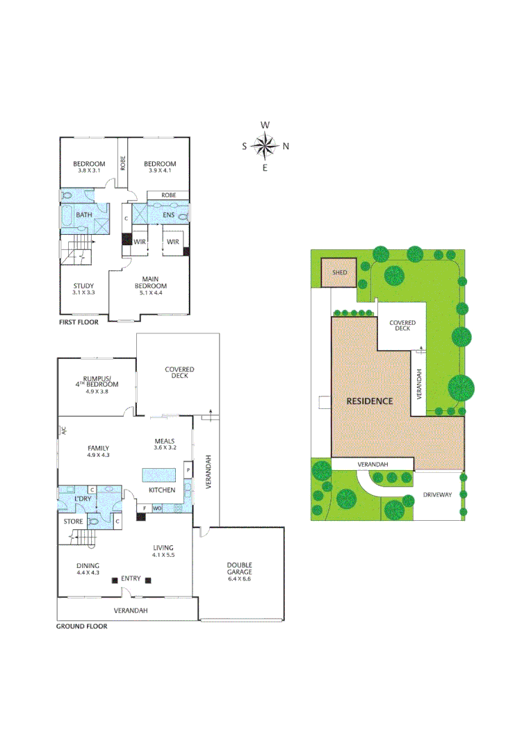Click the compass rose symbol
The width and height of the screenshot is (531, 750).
[x=265, y=146]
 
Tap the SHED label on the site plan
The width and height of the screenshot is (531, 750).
[x=339, y=273]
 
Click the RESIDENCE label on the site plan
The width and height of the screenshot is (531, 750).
[x=370, y=401]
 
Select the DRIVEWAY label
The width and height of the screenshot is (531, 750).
[x=438, y=494]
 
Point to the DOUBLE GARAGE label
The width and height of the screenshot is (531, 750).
[x=238, y=569]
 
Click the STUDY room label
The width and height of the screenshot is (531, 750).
[x=83, y=285]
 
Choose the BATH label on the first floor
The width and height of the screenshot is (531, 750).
[x=84, y=215]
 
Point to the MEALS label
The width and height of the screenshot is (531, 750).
[x=164, y=441]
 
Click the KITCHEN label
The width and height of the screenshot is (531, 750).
[x=162, y=490]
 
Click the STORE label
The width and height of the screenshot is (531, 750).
[x=74, y=521]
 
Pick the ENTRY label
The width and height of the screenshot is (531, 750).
[x=131, y=578]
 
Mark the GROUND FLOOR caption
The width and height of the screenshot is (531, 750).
[x=81, y=626]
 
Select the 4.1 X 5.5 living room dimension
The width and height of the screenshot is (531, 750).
[x=163, y=555]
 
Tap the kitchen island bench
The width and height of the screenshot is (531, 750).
[x=161, y=476]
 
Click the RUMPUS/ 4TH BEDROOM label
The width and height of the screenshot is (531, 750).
[x=98, y=381]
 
